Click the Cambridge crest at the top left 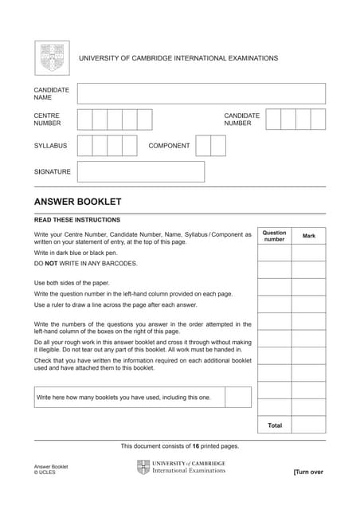tap(52, 58)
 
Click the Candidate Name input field tap(201, 93)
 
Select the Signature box tap(140, 171)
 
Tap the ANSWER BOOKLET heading tap(77, 202)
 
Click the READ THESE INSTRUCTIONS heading tap(77, 220)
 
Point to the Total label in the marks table tap(275, 426)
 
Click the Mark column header tap(309, 236)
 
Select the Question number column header tap(275, 236)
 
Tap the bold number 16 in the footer tap(195, 446)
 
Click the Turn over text tap(308, 472)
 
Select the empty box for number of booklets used tap(237, 397)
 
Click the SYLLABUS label tap(50, 146)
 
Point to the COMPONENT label tap(169, 146)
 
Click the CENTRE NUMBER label tap(47, 120)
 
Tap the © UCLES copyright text tap(45, 473)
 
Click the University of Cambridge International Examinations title tap(178, 58)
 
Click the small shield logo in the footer tap(143, 467)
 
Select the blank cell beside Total tap(309, 426)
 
